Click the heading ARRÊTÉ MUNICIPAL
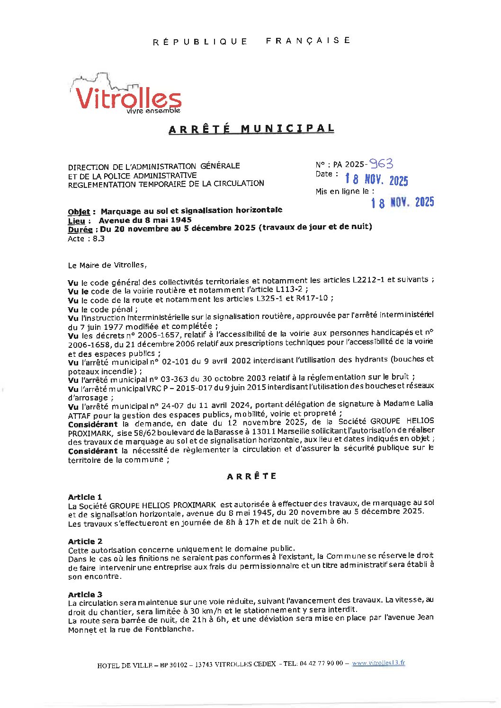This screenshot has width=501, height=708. pos(251,129)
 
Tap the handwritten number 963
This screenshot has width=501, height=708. pos(381,164)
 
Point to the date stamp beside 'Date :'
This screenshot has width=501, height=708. pos(376,180)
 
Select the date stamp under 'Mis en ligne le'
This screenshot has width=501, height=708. pos(402,203)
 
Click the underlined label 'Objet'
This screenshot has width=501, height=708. pos(78,212)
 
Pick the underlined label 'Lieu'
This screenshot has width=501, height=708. pos(76,221)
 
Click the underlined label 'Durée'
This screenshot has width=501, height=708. pos(80,230)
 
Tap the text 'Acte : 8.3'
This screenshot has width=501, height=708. pos(86,239)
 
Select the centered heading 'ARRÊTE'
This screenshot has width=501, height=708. pos(251,476)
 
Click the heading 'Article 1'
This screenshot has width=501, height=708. pos(85,497)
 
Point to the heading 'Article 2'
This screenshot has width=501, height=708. pos(85,541)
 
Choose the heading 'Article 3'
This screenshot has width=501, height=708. pos(85,594)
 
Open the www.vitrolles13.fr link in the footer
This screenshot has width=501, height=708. pos(378,663)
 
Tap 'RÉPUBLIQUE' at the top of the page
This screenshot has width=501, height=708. pos(200,42)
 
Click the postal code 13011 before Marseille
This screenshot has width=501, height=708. pos(263,432)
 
